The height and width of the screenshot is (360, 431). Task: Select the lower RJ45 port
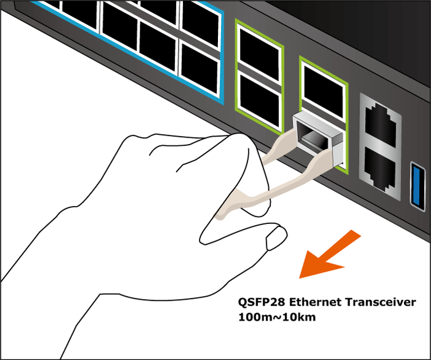(x=377, y=166)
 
